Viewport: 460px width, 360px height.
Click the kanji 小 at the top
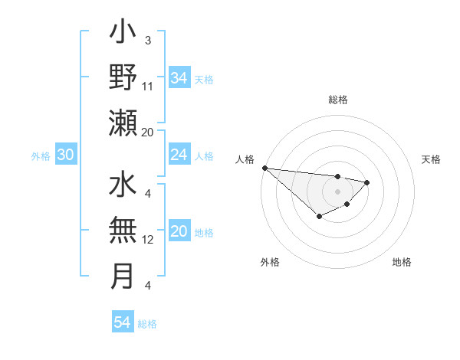123,33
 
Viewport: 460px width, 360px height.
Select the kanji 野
123,77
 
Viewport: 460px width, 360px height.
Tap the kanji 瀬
123,123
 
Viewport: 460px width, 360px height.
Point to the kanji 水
123,186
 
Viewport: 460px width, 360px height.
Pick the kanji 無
123,231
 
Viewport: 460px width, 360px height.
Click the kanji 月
123,276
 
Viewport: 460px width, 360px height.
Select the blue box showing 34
179,78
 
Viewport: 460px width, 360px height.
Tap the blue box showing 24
179,155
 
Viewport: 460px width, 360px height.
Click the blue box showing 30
65,155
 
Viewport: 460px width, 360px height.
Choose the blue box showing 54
122,323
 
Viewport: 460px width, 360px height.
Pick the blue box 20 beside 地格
179,232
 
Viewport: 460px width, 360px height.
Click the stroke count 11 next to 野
148,86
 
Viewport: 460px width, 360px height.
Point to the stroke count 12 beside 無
148,239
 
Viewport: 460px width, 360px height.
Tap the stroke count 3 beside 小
147,41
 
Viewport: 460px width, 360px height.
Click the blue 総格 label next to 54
147,324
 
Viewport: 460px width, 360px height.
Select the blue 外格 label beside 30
41,156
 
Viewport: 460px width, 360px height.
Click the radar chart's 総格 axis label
337,100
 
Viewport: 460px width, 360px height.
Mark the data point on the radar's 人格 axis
264,168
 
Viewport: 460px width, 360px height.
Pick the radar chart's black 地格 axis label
402,263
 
